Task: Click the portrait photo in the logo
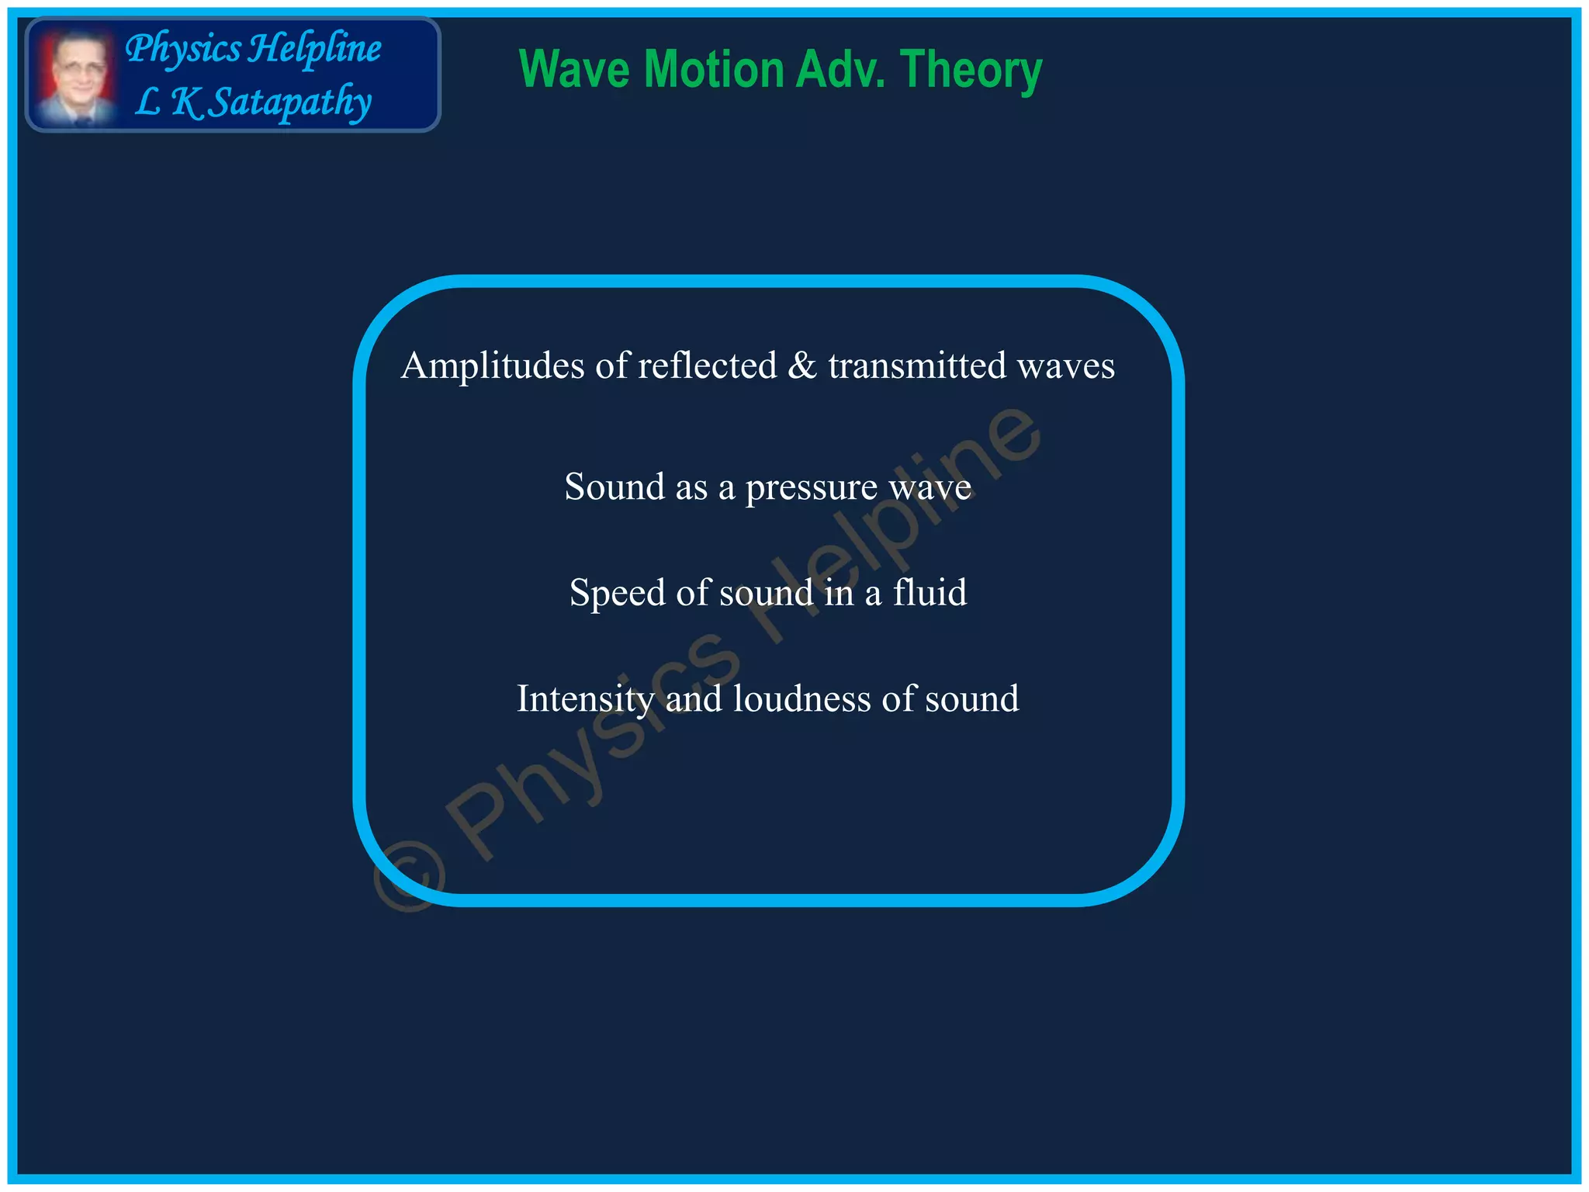(75, 76)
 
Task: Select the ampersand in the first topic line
(801, 366)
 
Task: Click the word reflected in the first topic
(707, 366)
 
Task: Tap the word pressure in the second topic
(811, 488)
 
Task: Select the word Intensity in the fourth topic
(585, 699)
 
